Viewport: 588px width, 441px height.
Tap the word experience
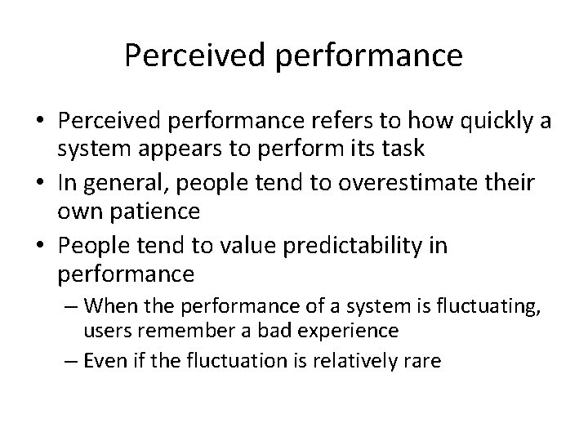click(x=340, y=330)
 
